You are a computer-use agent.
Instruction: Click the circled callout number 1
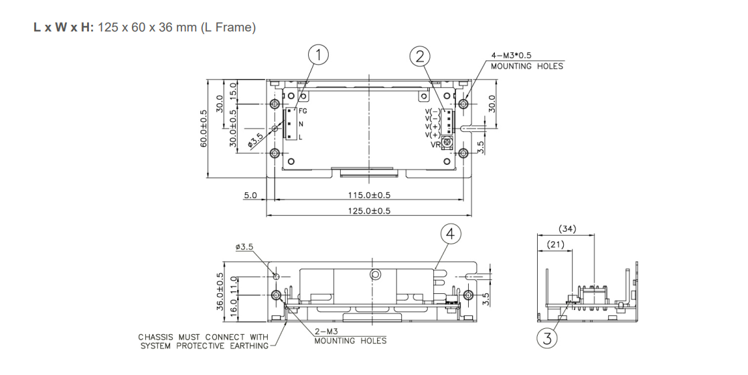319,56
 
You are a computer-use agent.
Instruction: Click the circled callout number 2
420,56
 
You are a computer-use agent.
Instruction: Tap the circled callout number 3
548,339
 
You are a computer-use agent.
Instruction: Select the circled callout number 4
451,234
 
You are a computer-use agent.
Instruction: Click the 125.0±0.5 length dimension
369,210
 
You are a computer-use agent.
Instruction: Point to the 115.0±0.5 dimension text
369,195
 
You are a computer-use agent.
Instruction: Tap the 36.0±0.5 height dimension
218,290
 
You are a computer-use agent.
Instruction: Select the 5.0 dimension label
250,195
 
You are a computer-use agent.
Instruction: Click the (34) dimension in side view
568,230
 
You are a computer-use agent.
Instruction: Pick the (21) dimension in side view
555,245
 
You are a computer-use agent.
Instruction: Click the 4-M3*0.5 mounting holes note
527,61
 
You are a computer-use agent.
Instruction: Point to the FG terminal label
303,112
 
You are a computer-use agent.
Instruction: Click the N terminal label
301,125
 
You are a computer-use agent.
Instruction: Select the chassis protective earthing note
203,341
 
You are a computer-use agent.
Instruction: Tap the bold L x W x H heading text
63,30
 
